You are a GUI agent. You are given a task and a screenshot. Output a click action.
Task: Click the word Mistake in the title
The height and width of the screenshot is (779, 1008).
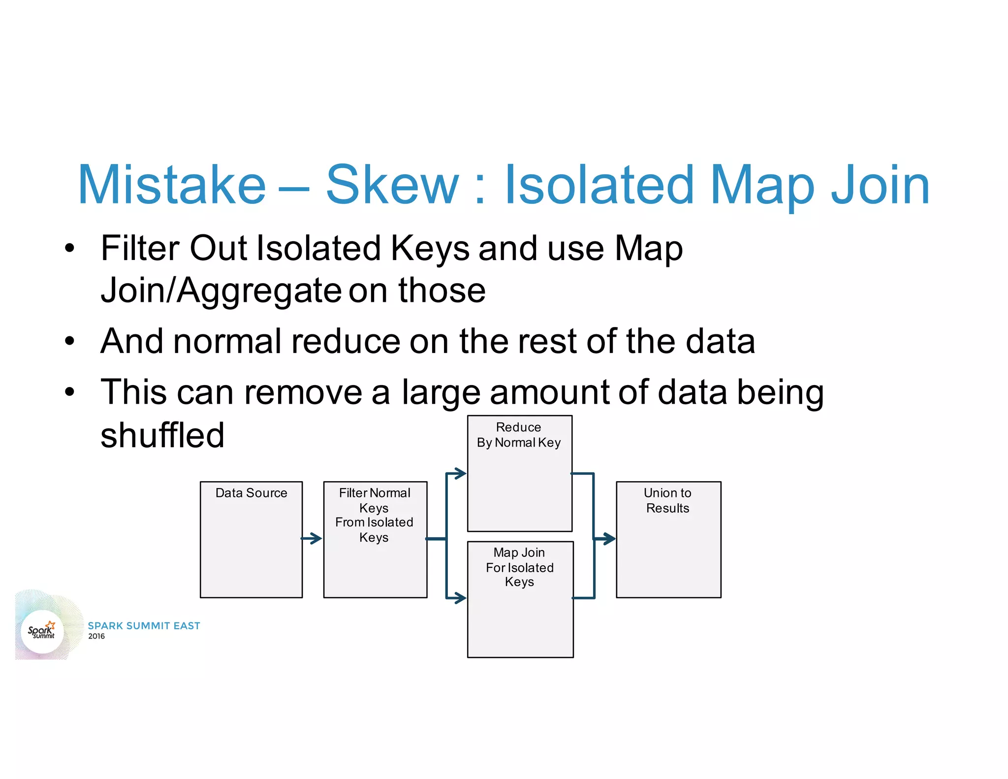[x=172, y=185]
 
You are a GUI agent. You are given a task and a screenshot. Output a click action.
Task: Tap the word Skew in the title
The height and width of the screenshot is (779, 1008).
[x=392, y=185]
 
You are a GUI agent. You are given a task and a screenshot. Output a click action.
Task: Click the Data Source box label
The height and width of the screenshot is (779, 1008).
[x=251, y=493]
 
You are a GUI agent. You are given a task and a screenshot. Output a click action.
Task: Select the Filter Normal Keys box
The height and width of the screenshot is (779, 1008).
[x=375, y=539]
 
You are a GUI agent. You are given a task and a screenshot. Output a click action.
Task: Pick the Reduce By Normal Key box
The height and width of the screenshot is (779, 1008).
[x=519, y=473]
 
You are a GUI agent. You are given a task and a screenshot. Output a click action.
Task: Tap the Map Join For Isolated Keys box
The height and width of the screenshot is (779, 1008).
[x=520, y=599]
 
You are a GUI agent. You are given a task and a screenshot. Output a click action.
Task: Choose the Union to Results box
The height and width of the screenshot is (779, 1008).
[x=668, y=539]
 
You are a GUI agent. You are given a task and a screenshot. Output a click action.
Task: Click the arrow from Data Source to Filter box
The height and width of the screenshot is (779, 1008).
[x=312, y=538]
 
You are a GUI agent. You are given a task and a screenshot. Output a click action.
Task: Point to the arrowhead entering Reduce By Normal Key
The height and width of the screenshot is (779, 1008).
[x=460, y=474]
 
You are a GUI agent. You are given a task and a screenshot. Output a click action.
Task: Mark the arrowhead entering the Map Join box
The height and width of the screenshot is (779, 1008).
[x=460, y=598]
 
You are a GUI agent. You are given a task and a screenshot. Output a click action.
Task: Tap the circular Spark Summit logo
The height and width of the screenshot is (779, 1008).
[x=42, y=631]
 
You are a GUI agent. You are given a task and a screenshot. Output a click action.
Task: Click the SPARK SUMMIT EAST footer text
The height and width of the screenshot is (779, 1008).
[x=144, y=626]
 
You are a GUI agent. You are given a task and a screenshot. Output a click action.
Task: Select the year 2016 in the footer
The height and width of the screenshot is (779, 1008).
[x=96, y=636]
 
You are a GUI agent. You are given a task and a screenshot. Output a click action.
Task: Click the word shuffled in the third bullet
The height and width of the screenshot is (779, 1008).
[x=162, y=435]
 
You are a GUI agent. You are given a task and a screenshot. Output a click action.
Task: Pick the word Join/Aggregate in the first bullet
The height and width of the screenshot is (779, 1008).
[x=220, y=291]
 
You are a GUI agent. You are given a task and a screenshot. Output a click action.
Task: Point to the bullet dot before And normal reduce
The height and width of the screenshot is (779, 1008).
[x=70, y=341]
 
